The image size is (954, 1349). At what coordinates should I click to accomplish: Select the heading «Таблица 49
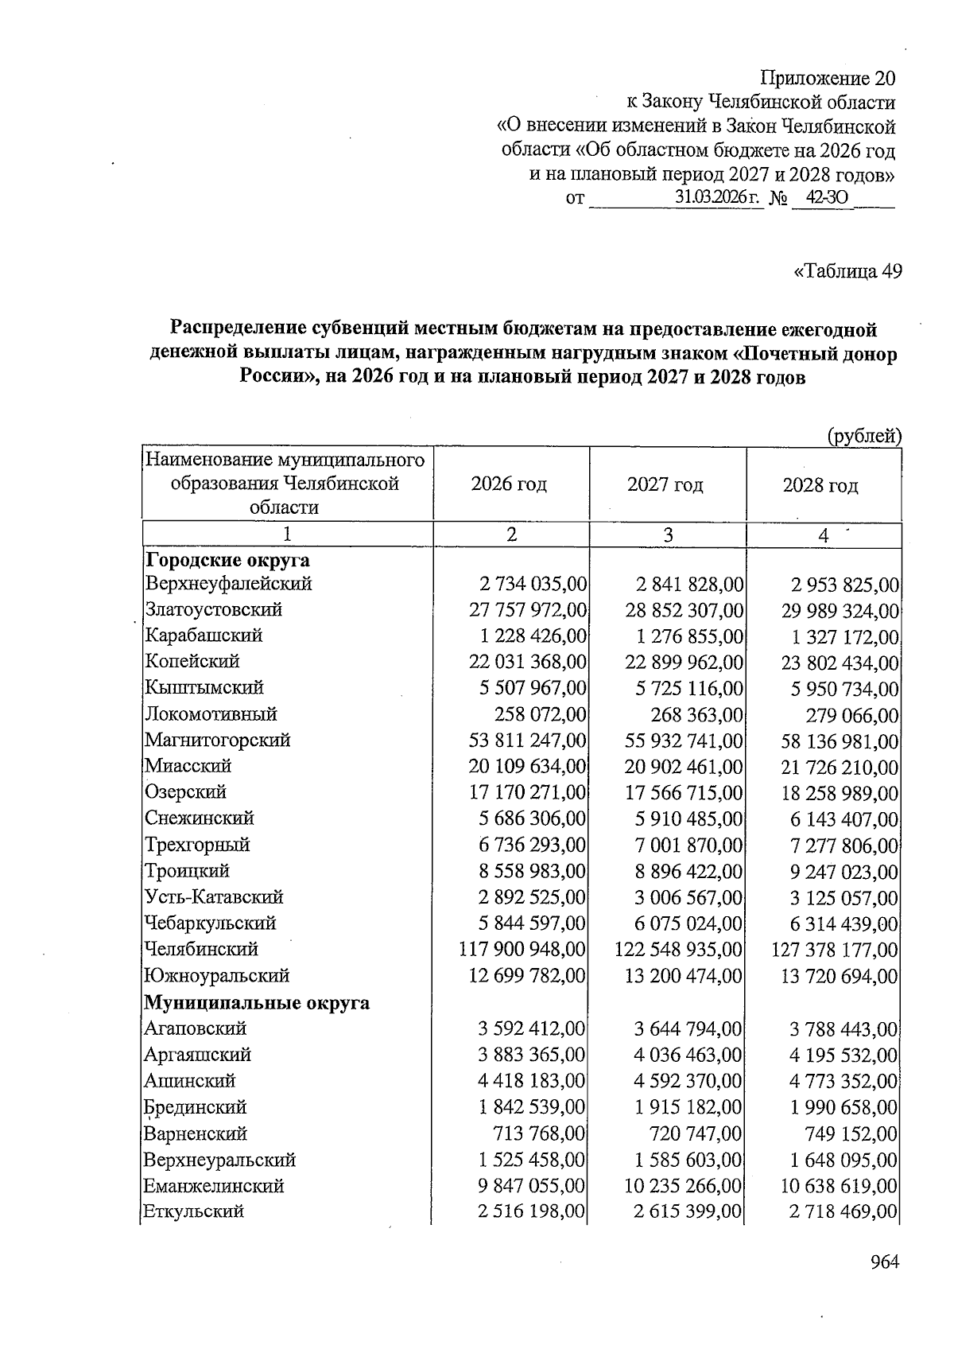click(847, 271)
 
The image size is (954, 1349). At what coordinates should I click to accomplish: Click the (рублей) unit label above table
click(864, 436)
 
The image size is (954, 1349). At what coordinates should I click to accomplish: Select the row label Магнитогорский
click(218, 741)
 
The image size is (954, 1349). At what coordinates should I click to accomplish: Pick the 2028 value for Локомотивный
click(851, 715)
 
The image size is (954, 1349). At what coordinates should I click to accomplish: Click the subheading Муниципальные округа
click(257, 1002)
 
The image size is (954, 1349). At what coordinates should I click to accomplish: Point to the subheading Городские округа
click(227, 560)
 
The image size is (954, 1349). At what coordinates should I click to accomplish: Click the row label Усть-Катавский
click(214, 897)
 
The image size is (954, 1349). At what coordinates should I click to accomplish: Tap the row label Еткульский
click(194, 1211)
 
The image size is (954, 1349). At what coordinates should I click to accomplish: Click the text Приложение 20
click(828, 79)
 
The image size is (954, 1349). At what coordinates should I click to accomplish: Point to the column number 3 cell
click(668, 535)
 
